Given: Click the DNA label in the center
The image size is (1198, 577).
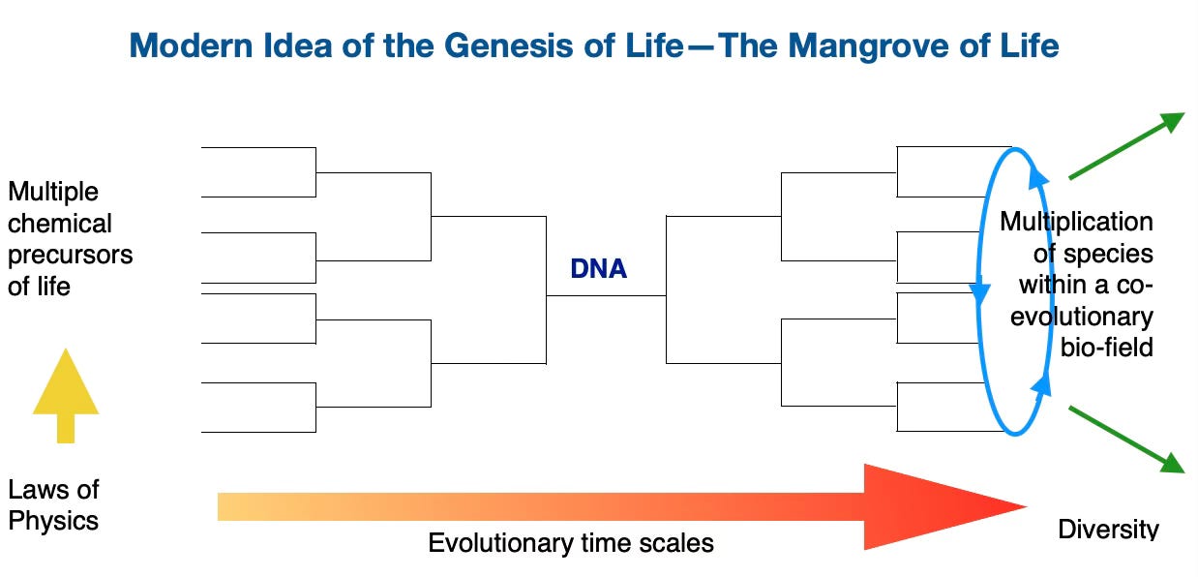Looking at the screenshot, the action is tap(598, 268).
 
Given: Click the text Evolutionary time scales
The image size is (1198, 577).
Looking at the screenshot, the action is tap(571, 543).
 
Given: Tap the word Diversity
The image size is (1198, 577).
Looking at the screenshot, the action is tap(1107, 529).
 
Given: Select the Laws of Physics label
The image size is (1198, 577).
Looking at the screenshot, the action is tap(53, 504).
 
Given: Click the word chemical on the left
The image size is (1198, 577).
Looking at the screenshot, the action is tap(60, 224).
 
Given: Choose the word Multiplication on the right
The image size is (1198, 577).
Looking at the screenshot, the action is tap(1076, 222).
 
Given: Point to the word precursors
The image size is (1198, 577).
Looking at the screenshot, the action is tap(70, 256).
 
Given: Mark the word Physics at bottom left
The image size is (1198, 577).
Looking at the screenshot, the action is tap(53, 521).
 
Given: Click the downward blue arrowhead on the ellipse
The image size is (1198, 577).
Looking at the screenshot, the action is tap(979, 290).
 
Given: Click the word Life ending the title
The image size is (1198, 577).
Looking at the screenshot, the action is tap(1030, 46).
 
